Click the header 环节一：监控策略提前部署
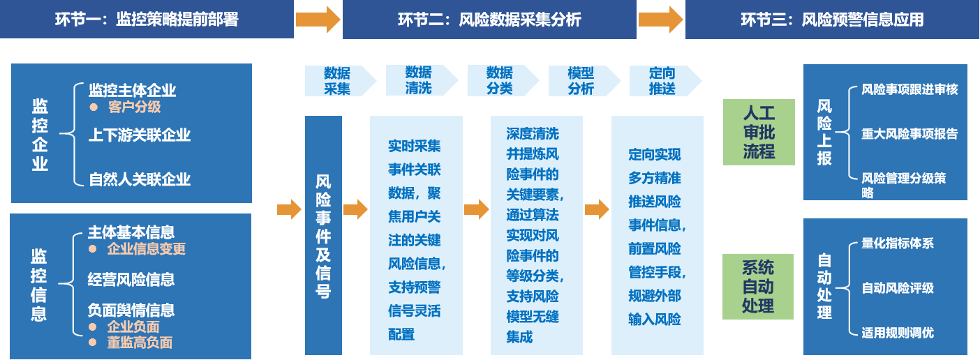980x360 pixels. tap(147, 20)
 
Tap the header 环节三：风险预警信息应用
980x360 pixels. tap(832, 20)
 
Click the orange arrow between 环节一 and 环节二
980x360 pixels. tap(318, 20)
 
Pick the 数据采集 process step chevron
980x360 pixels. tap(338, 81)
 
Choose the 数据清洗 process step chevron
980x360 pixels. tap(419, 81)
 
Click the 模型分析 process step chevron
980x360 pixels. tap(581, 81)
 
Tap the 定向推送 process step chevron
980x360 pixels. tap(662, 81)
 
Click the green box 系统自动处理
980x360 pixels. tap(758, 287)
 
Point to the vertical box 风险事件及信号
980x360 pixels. tap(323, 236)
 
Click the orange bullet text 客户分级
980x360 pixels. tap(134, 107)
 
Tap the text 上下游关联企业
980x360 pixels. tap(140, 135)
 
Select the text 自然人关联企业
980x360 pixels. tap(140, 179)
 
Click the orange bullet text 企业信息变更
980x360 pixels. tap(146, 249)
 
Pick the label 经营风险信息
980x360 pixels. tap(131, 280)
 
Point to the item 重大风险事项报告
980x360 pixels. tap(910, 134)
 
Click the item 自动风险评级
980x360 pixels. tap(898, 288)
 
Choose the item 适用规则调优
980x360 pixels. tap(898, 333)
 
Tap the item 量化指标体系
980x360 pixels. tap(898, 243)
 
